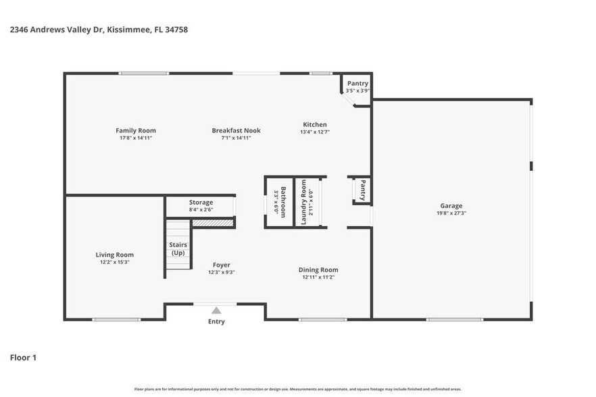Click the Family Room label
135,130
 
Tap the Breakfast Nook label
236,130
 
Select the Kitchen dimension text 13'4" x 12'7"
315,132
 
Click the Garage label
451,206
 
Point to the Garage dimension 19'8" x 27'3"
451,213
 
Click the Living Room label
114,255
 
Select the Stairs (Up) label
178,248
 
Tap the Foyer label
221,265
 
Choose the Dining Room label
318,269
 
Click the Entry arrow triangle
216,311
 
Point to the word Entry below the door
216,321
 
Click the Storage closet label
201,202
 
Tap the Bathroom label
284,202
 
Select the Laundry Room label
304,202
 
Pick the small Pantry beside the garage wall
362,190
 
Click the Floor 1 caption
23,357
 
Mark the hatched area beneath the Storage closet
212,222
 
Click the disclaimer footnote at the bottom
297,389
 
